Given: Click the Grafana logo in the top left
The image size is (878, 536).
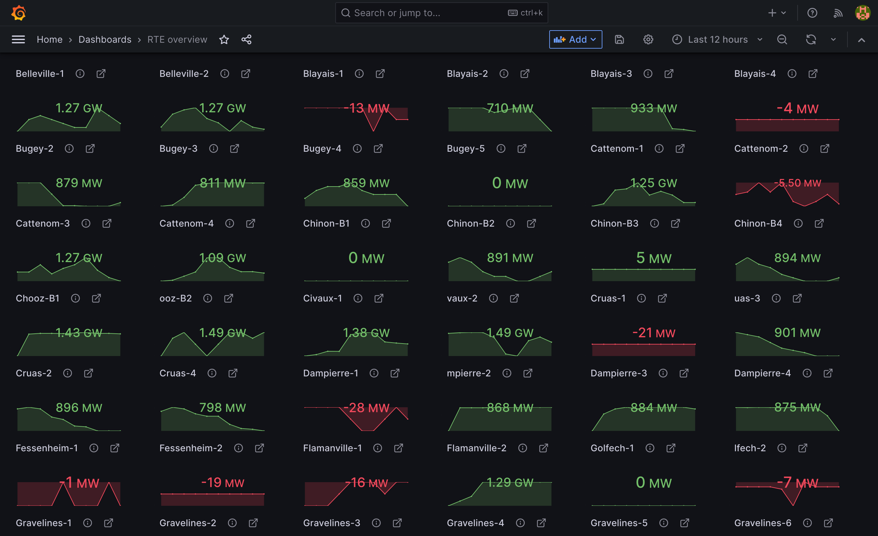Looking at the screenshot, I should click(x=18, y=13).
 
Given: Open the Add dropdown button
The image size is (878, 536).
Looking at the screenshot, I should click(x=575, y=40).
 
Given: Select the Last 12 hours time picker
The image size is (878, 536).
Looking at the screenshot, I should click(x=717, y=40).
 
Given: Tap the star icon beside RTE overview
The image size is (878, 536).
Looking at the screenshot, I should click(x=224, y=40).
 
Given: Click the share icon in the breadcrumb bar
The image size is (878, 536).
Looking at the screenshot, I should click(x=246, y=40).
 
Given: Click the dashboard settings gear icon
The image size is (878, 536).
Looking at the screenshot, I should click(x=648, y=40).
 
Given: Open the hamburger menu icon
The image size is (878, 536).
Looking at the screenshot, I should click(x=18, y=40).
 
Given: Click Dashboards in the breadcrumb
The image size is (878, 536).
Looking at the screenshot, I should click(x=105, y=40).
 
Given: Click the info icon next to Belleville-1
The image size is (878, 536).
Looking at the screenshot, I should click(x=80, y=74).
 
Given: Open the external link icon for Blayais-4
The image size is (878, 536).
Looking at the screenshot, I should click(x=813, y=74).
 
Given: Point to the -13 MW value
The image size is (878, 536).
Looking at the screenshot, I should click(x=366, y=108).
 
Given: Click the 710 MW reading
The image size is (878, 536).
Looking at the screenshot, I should click(x=510, y=108).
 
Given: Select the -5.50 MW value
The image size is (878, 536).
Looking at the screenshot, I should click(x=797, y=183).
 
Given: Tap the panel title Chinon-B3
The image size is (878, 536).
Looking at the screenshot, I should click(x=614, y=224).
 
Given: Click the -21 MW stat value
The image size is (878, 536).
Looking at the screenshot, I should click(x=654, y=333).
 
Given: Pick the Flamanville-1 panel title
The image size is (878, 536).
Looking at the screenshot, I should click(x=332, y=448).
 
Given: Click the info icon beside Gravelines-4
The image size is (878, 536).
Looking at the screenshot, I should click(x=520, y=523).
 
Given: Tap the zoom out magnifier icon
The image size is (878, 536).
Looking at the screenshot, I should click(x=782, y=40).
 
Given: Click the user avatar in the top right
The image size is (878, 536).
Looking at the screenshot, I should click(x=862, y=13).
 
